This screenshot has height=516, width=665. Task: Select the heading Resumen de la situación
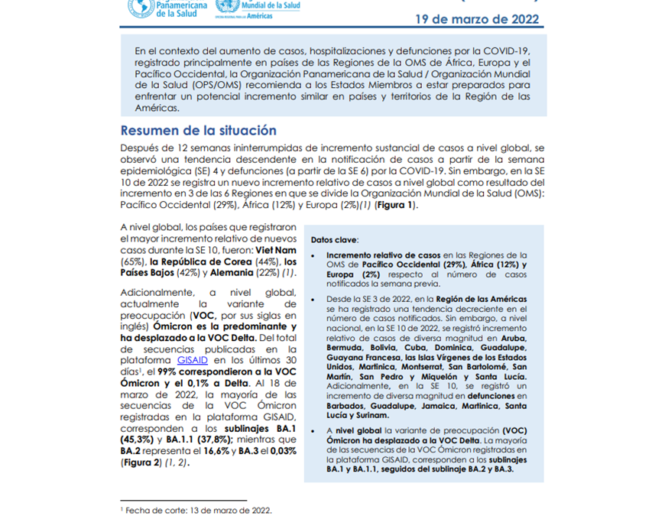click(198, 131)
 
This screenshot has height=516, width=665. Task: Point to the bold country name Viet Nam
click(276, 249)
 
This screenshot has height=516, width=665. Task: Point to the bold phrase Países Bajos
click(151, 274)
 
